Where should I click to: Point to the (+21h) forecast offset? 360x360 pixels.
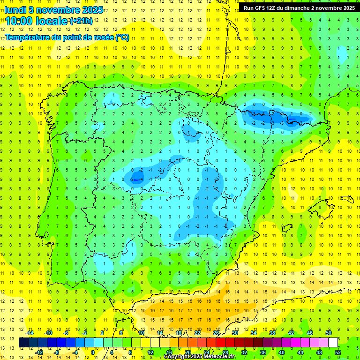point(81,21)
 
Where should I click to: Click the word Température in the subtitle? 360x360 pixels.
point(30,37)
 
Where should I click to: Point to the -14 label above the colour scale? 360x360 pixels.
point(30,333)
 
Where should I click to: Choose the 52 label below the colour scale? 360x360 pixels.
point(338,352)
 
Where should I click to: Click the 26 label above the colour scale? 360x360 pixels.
point(216,333)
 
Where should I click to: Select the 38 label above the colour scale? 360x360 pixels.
point(272,333)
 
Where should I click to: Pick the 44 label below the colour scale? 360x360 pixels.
point(300,352)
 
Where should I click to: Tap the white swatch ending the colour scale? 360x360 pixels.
point(333,343)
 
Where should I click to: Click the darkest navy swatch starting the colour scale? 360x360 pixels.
point(23,343)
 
